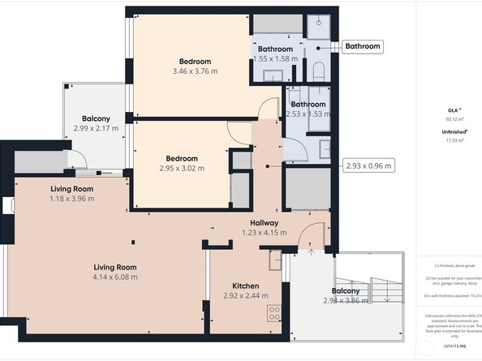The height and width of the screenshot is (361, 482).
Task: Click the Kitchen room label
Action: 245,286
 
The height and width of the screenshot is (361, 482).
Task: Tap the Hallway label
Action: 264,222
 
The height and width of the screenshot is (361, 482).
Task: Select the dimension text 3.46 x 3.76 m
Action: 195,71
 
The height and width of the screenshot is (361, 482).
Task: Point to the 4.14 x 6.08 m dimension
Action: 114,277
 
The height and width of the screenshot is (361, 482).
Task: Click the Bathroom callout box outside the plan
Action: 363,46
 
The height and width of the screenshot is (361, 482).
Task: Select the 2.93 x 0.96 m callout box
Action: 369,165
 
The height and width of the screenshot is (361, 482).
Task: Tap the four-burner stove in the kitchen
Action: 274,313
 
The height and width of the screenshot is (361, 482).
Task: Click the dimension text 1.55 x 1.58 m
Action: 276,58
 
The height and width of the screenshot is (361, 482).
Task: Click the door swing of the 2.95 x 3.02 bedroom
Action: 239,133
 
